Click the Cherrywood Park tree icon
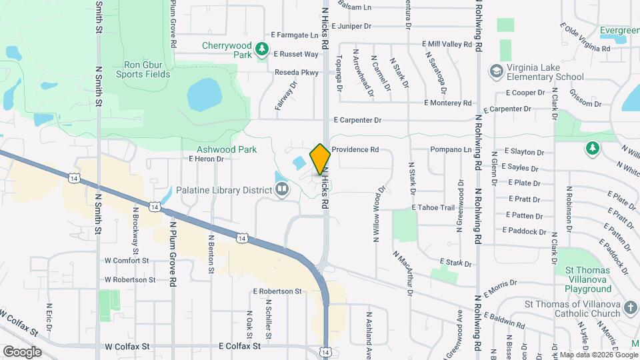263,48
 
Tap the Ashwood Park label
227,149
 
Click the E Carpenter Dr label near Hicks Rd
357,121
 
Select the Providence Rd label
355,150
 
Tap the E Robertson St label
277,291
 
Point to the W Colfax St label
127,347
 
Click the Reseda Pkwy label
297,72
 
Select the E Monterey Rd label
448,103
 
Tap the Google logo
21,351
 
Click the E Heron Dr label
206,159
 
